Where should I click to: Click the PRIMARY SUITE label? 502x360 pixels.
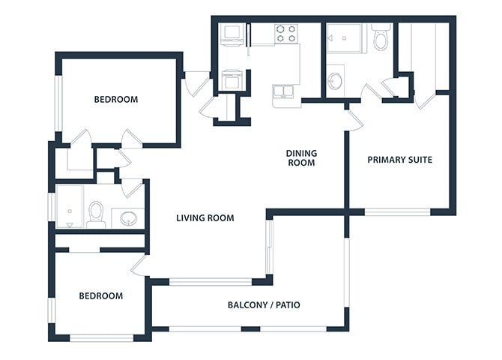(399, 160)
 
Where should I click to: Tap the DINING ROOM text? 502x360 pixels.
(301, 157)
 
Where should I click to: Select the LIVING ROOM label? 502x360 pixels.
(205, 218)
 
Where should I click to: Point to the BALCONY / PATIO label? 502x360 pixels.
(264, 305)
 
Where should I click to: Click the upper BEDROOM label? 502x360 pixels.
(115, 100)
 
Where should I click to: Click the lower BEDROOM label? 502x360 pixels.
(100, 295)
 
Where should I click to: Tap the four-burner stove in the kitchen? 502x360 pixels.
(285, 33)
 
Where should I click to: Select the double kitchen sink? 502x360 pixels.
(285, 92)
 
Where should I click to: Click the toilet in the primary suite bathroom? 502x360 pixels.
(381, 37)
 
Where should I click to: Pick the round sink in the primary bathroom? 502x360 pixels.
(336, 79)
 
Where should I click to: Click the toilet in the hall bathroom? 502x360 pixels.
(95, 214)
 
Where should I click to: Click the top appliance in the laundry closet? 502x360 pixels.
(231, 34)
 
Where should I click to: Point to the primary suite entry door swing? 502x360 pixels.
(353, 118)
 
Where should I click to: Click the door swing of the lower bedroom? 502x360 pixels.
(139, 264)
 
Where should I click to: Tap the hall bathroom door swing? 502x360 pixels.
(132, 187)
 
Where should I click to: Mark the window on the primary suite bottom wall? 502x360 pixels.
(397, 212)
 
